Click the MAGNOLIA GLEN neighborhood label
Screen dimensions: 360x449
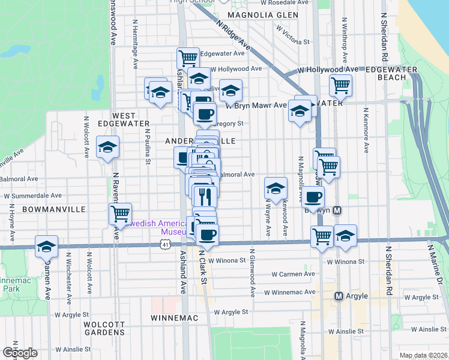click(x=263, y=14)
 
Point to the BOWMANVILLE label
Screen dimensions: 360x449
click(x=46, y=209)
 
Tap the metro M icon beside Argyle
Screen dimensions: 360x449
click(x=339, y=296)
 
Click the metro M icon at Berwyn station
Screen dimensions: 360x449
click(x=337, y=211)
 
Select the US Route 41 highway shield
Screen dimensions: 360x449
click(x=166, y=244)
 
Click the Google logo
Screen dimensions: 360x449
click(x=20, y=353)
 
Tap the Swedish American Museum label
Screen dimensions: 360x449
click(x=157, y=227)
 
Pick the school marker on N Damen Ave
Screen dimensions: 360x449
click(x=46, y=246)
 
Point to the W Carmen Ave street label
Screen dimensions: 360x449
click(x=293, y=274)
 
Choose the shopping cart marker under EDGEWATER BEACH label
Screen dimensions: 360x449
click(x=340, y=85)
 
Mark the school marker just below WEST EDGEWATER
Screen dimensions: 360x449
click(x=107, y=147)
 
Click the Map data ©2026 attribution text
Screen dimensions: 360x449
click(x=424, y=355)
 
